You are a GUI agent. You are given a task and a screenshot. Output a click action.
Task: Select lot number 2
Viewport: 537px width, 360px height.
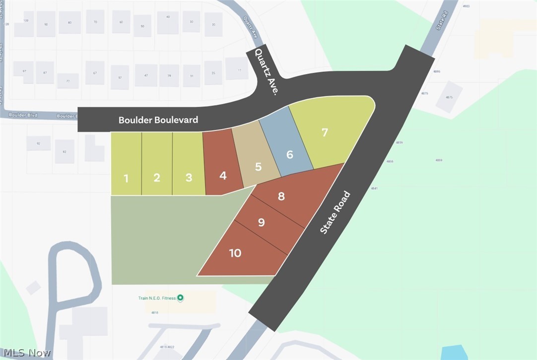click(x=157, y=178)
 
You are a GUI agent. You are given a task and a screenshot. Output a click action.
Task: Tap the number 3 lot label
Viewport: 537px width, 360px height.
click(x=189, y=178)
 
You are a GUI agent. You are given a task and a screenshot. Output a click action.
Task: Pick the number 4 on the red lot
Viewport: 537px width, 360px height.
click(x=223, y=176)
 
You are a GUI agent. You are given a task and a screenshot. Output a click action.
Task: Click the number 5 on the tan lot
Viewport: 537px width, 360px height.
click(x=258, y=167)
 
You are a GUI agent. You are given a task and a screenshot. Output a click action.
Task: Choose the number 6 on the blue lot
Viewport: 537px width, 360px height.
click(x=290, y=155)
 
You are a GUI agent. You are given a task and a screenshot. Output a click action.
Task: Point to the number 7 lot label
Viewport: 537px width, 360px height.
click(x=325, y=132)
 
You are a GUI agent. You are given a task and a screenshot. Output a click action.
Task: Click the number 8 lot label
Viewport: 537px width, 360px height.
click(x=281, y=196)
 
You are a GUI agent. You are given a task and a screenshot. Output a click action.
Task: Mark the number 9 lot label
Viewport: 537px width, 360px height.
click(x=262, y=223)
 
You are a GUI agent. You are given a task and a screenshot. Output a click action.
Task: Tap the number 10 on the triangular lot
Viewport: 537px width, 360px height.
click(x=235, y=253)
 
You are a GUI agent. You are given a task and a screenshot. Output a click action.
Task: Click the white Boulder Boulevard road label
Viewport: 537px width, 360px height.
click(x=158, y=120)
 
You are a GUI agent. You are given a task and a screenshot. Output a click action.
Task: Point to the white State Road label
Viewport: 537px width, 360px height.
click(x=336, y=212)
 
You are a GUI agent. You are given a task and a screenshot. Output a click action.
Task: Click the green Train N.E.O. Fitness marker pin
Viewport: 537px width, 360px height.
click(x=181, y=298)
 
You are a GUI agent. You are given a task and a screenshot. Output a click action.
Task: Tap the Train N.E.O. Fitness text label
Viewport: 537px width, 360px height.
click(x=157, y=299)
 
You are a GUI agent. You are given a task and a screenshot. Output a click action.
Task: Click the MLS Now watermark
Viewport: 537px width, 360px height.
click(x=26, y=353)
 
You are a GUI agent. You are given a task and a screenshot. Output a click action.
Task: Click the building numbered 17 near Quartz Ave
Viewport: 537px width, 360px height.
click(x=237, y=68)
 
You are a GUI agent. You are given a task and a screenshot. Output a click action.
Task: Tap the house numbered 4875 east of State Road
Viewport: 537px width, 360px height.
click(x=450, y=96)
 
